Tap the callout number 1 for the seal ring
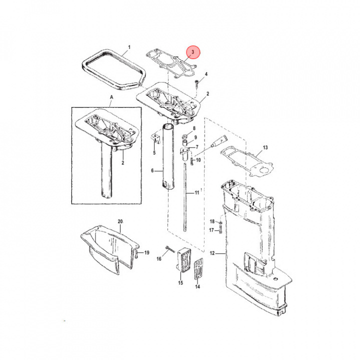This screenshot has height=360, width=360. tap(128, 48)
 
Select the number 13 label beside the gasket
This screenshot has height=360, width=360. tap(265, 147)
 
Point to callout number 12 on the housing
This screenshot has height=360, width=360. tap(211, 253)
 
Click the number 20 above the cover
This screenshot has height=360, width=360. tap(119, 221)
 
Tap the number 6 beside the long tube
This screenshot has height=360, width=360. tap(152, 170)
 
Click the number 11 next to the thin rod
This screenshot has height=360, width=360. tap(196, 192)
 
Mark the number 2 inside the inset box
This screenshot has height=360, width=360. tap(122, 162)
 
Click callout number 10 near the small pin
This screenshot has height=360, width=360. tap(198, 160)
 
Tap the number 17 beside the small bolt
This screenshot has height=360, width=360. tap(211, 230)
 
